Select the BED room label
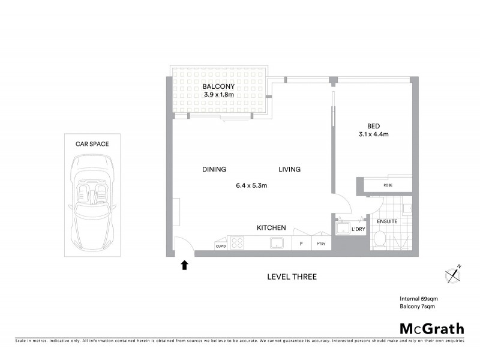(x=374, y=126)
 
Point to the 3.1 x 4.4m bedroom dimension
(x=374, y=134)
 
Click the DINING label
(x=214, y=170)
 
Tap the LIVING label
(x=289, y=170)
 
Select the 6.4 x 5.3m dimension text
(x=251, y=185)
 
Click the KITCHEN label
(x=271, y=228)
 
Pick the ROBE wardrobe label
(x=388, y=185)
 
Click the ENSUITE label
(x=387, y=221)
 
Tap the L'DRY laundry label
(x=358, y=229)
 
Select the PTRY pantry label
(x=321, y=244)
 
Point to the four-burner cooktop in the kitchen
(x=238, y=244)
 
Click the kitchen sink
(x=277, y=243)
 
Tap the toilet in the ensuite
(x=379, y=240)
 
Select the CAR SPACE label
(x=91, y=144)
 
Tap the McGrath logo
(x=432, y=328)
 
